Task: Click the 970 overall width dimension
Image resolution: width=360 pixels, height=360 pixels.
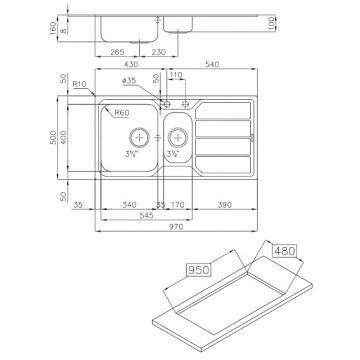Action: pyautogui.click(x=176, y=227)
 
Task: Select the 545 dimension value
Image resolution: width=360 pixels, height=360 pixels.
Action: pyautogui.click(x=146, y=216)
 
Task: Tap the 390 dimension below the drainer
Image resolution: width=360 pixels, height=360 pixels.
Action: pyautogui.click(x=224, y=205)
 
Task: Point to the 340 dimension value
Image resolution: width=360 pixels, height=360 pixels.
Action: pyautogui.click(x=129, y=205)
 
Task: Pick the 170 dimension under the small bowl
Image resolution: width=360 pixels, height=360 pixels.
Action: pyautogui.click(x=177, y=205)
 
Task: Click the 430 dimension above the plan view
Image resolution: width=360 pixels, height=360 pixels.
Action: pyautogui.click(x=131, y=64)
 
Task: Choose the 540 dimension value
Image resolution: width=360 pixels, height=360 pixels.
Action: pyautogui.click(x=212, y=64)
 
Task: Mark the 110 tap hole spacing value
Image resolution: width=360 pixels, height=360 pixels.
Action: pyautogui.click(x=176, y=75)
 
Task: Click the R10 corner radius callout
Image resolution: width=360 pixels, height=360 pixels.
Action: pyautogui.click(x=79, y=84)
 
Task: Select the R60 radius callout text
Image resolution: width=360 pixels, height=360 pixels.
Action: pyautogui.click(x=122, y=113)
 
